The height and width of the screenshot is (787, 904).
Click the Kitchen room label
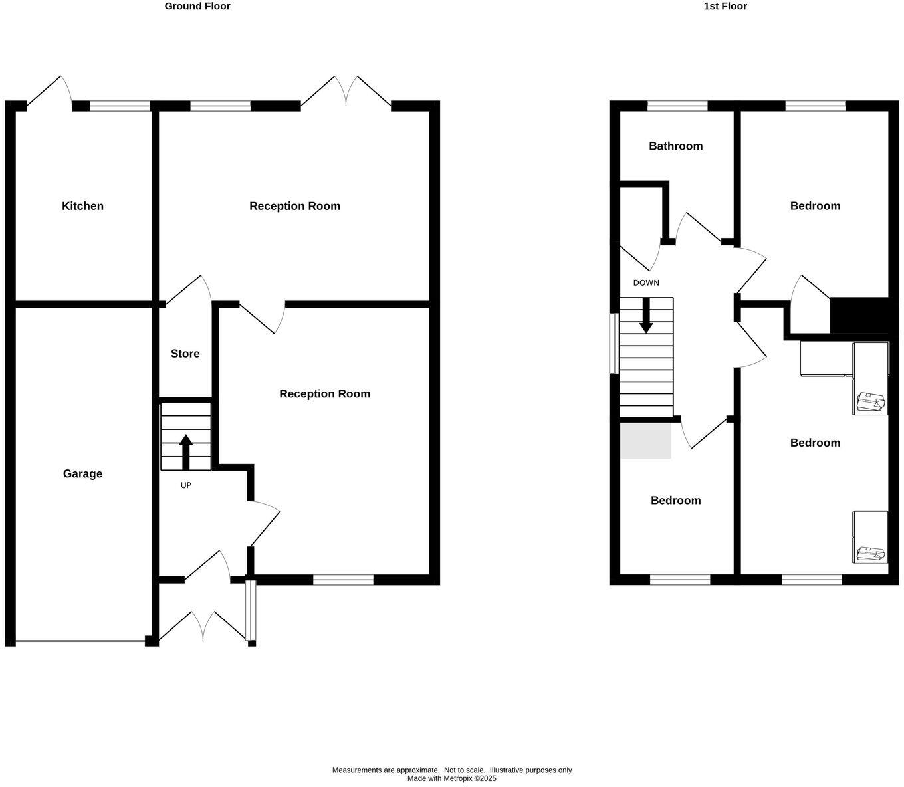point(82,206)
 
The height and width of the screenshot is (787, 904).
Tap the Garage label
point(82,474)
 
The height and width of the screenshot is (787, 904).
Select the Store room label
point(185,354)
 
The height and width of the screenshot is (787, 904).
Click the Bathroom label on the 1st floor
point(675,146)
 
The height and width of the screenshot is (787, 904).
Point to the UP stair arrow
point(185,451)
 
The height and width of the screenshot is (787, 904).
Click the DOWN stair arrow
point(646,316)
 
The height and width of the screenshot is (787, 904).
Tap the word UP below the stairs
point(185,486)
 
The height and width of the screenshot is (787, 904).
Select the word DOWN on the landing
point(645,283)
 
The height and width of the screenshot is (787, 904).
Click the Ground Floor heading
point(197,7)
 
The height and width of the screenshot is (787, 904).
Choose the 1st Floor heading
point(725,7)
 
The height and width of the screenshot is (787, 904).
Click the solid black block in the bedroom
point(859,316)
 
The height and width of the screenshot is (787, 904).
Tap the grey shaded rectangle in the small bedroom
point(645,441)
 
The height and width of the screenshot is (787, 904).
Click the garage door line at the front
point(80,641)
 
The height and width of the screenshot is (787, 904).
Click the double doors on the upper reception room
point(346,92)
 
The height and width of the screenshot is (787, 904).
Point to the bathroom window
point(677,106)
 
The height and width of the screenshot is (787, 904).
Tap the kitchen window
point(120,106)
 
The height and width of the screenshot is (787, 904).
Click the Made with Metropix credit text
point(451,778)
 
